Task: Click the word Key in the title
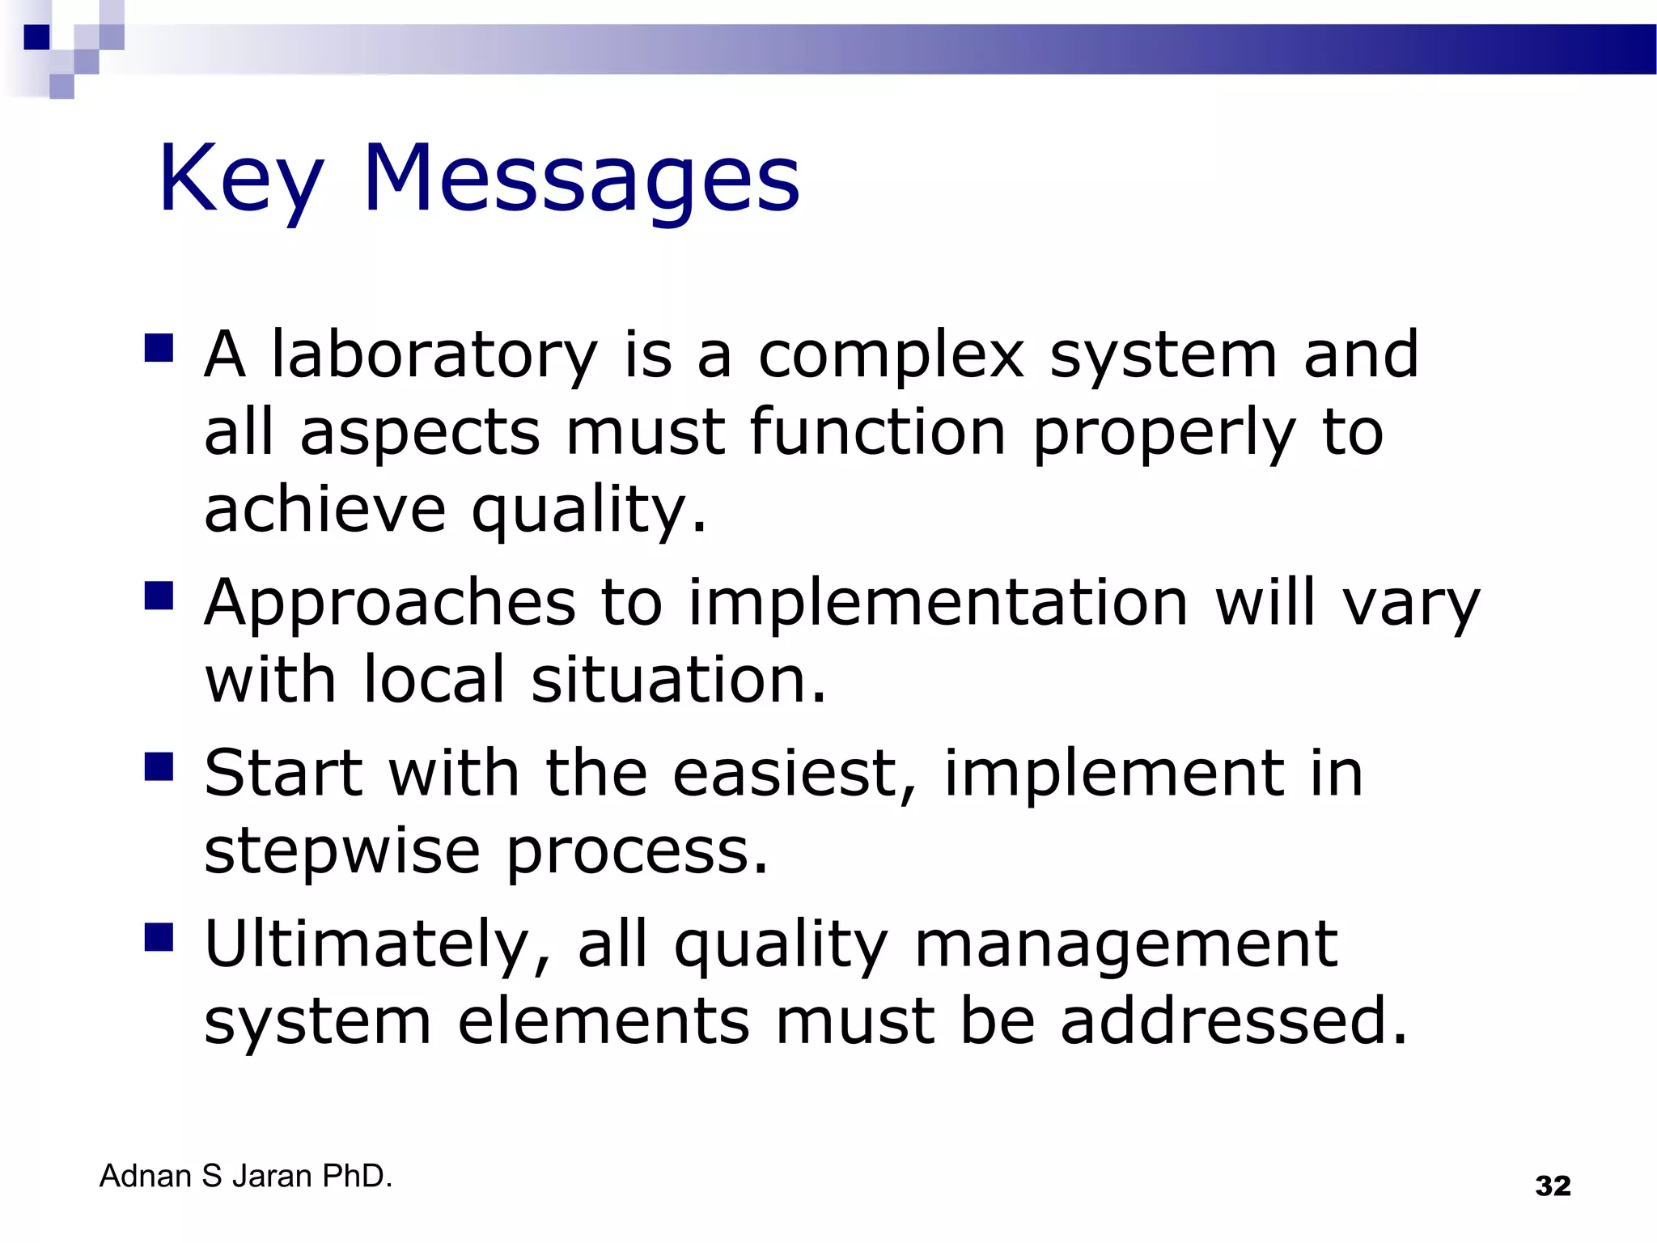click(x=240, y=180)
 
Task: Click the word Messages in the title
click(x=581, y=180)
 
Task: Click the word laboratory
click(x=434, y=356)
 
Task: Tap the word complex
click(x=891, y=356)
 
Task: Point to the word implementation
click(x=938, y=603)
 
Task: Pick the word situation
click(x=678, y=679)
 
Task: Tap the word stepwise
click(x=342, y=851)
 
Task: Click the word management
click(x=1126, y=944)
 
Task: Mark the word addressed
click(x=1234, y=1020)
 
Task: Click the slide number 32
click(x=1553, y=1186)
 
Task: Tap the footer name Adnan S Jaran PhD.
click(x=246, y=1176)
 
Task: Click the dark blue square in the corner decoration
click(x=37, y=37)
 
